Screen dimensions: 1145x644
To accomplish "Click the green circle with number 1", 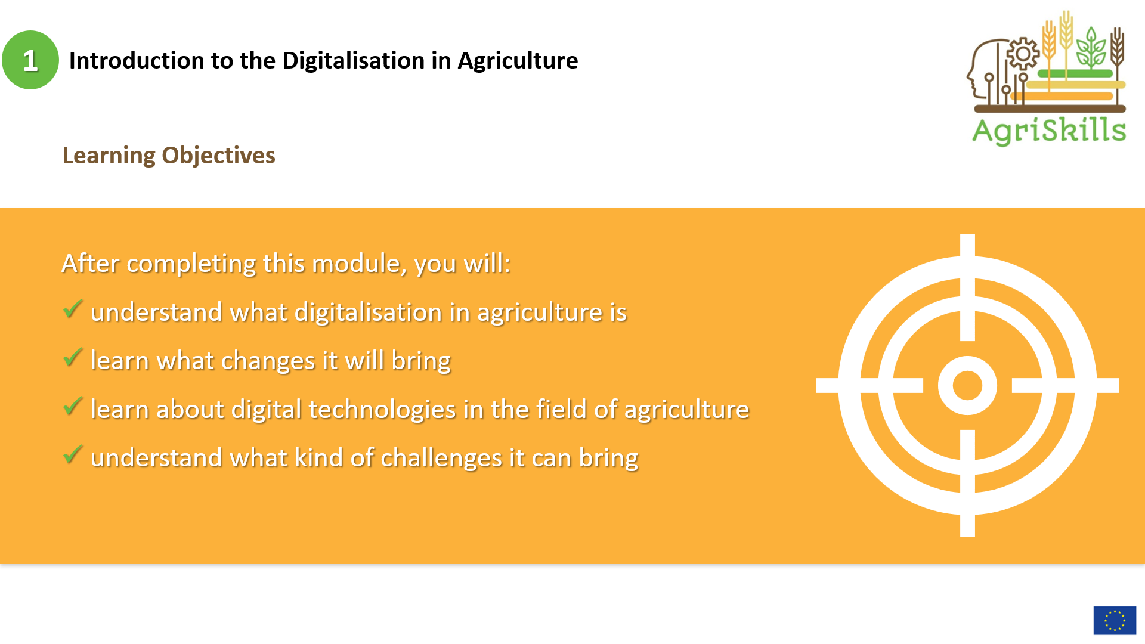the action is (x=30, y=60).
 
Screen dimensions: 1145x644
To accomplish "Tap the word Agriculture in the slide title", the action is (x=518, y=61).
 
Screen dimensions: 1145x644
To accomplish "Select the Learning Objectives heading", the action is (x=169, y=156).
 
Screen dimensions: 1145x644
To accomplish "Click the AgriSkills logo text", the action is (x=1049, y=131).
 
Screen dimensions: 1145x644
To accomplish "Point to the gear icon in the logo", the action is (x=1023, y=54).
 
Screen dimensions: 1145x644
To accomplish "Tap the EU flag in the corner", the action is (x=1115, y=621).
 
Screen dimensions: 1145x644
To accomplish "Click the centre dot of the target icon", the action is (x=967, y=385).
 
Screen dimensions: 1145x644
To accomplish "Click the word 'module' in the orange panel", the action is (x=359, y=264).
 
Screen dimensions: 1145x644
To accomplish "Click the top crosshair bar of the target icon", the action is (x=967, y=287).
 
